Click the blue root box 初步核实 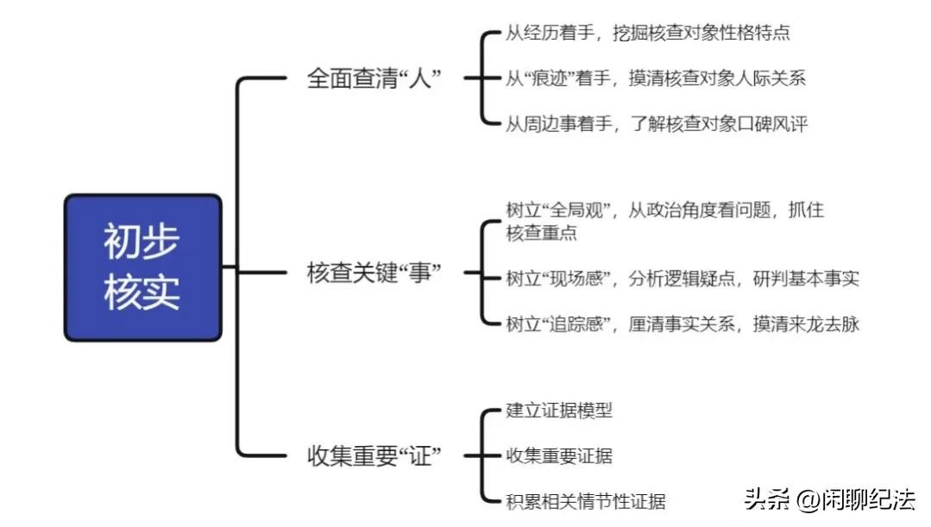tap(142, 267)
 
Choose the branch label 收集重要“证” tap(374, 455)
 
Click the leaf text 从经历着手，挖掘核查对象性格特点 tap(647, 33)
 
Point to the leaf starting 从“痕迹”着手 tap(656, 78)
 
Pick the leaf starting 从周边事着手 tap(656, 124)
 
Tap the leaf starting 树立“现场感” tap(682, 278)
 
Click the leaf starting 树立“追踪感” tap(682, 324)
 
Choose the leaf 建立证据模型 tap(559, 411)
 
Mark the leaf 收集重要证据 tap(559, 455)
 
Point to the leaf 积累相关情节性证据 tap(586, 501)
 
